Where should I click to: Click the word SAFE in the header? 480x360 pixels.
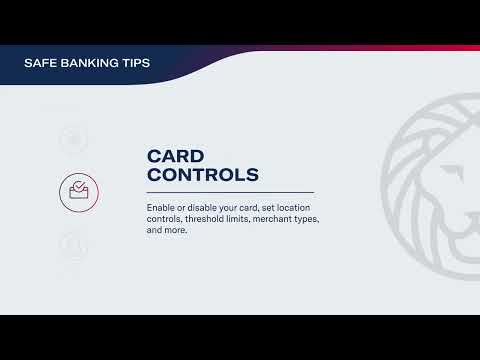[40, 63]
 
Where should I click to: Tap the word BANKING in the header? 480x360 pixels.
[88, 63]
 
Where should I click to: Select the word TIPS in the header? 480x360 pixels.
[134, 63]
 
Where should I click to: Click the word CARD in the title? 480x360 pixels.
[176, 156]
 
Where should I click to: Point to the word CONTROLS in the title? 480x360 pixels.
[203, 175]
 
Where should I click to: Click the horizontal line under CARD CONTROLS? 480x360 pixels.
[230, 192]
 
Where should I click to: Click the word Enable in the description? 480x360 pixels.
[161, 207]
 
